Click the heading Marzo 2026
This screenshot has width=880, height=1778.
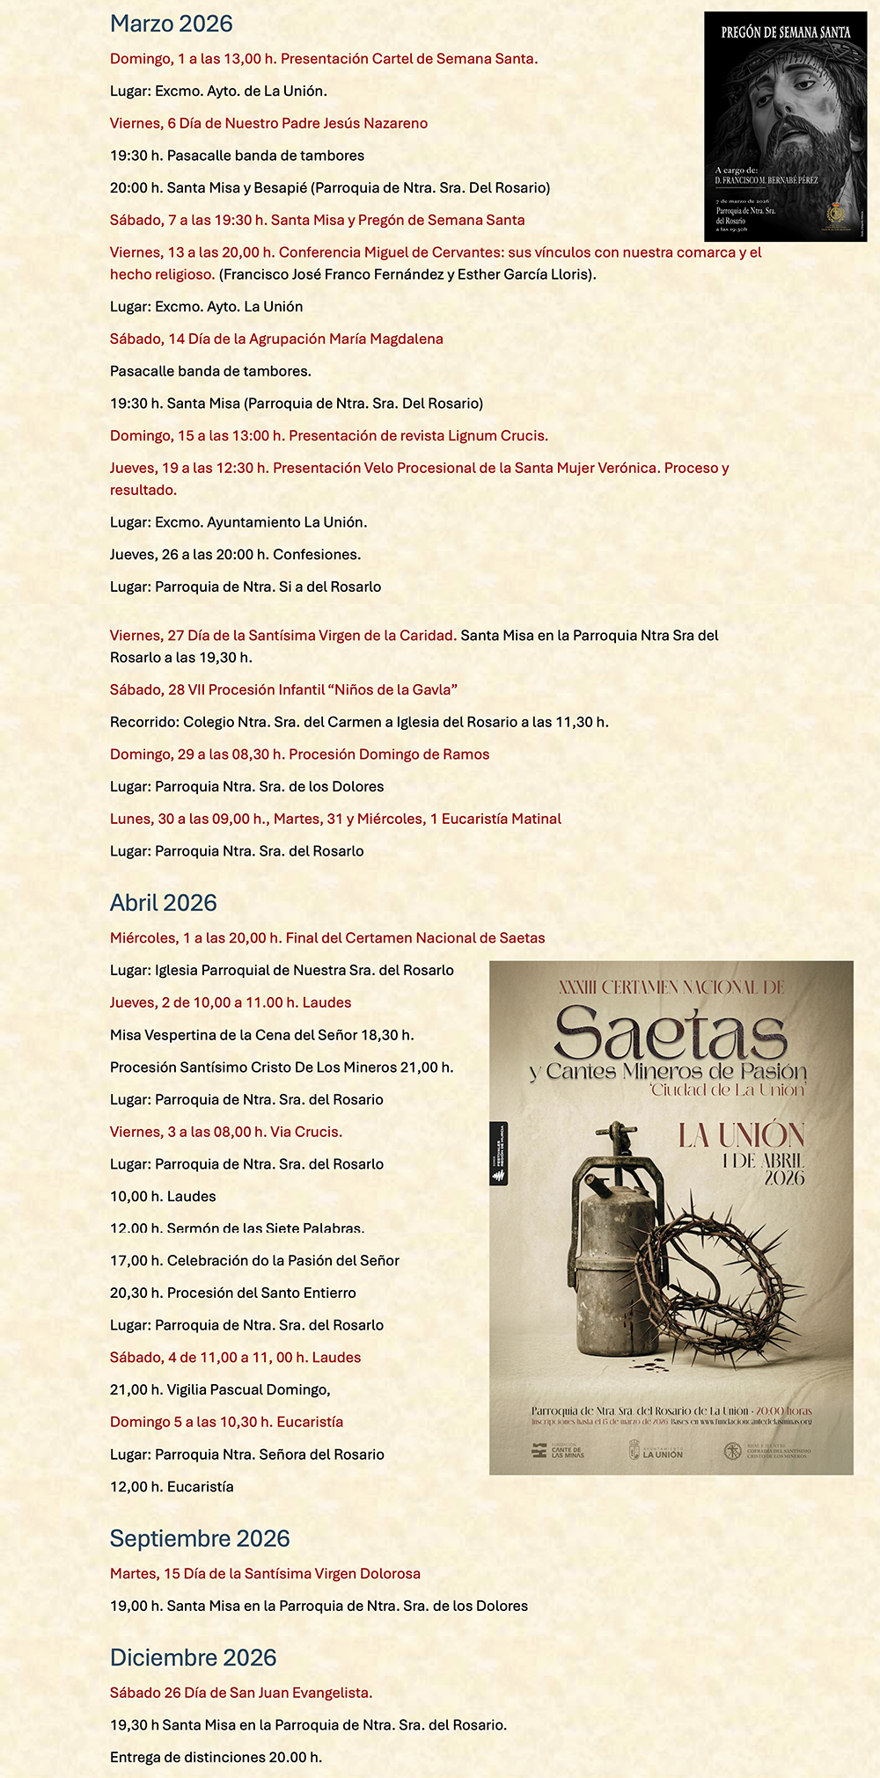click(x=171, y=24)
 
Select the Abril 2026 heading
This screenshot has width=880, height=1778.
click(x=163, y=902)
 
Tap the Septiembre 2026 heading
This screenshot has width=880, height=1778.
click(x=199, y=1538)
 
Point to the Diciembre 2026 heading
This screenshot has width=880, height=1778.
click(x=193, y=1657)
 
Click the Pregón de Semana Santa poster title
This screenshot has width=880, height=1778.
click(x=785, y=33)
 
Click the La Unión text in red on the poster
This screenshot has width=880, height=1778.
click(x=741, y=1135)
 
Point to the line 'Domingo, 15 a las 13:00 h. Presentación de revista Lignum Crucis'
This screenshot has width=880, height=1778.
click(x=329, y=435)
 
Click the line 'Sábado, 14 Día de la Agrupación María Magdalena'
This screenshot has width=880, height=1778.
click(x=276, y=339)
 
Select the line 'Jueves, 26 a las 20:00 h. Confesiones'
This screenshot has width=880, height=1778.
click(x=235, y=554)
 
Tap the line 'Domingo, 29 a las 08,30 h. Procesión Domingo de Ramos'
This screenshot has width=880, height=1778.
click(x=299, y=754)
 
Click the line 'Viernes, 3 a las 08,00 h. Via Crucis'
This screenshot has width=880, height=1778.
click(x=226, y=1132)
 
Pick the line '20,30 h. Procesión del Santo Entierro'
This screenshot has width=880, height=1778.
click(x=232, y=1293)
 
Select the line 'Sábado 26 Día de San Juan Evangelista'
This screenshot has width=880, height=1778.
click(x=241, y=1692)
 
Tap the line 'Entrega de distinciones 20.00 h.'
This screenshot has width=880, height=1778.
click(x=216, y=1757)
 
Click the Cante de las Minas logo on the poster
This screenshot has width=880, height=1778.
click(x=558, y=1451)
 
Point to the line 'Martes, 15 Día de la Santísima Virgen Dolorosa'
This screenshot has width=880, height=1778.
click(x=265, y=1573)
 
